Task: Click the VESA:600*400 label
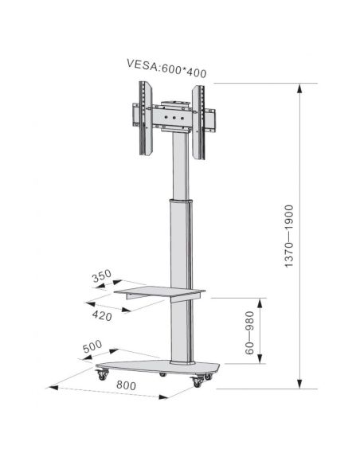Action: coord(166,70)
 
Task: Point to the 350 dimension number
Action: coord(100,276)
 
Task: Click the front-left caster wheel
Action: coord(102,379)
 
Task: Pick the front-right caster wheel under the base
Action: coord(196,384)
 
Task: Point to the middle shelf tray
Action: coord(156,291)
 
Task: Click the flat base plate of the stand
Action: coord(159,368)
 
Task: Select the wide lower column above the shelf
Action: coord(178,239)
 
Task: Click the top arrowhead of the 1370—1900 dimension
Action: coord(300,88)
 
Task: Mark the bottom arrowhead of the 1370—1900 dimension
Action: coord(300,384)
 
